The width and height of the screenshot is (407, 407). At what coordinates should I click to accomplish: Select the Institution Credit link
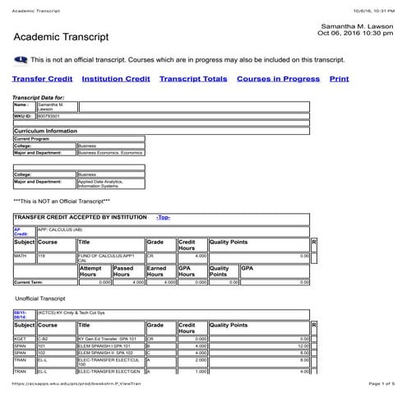[x=116, y=79]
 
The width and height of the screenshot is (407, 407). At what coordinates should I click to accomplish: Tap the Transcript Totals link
[x=193, y=79]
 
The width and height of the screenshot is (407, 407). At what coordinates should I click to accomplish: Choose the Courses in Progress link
[x=278, y=79]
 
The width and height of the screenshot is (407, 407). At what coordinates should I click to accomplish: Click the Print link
[x=339, y=79]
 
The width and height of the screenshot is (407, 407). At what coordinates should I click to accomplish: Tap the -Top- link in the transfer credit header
[x=163, y=217]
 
